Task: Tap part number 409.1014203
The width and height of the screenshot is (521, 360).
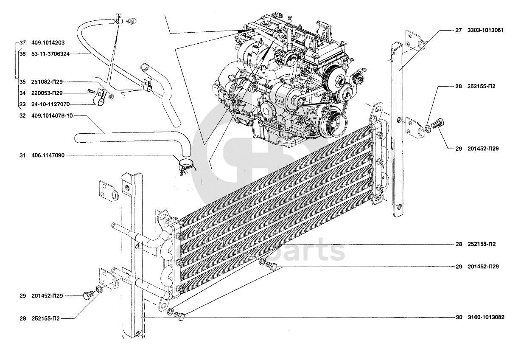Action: (48, 43)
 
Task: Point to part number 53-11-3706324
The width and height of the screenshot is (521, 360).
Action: (50, 54)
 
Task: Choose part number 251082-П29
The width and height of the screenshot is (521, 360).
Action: (47, 82)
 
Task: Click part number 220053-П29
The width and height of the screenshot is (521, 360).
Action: (47, 93)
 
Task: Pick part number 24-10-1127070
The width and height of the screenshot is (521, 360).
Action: (50, 104)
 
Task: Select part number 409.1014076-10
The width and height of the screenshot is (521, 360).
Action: (52, 115)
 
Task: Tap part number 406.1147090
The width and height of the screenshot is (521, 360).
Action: (48, 155)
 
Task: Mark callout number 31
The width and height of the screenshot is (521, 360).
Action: (22, 155)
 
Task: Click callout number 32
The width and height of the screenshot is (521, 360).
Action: (22, 115)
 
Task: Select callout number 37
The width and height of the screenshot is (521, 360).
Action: (22, 43)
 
